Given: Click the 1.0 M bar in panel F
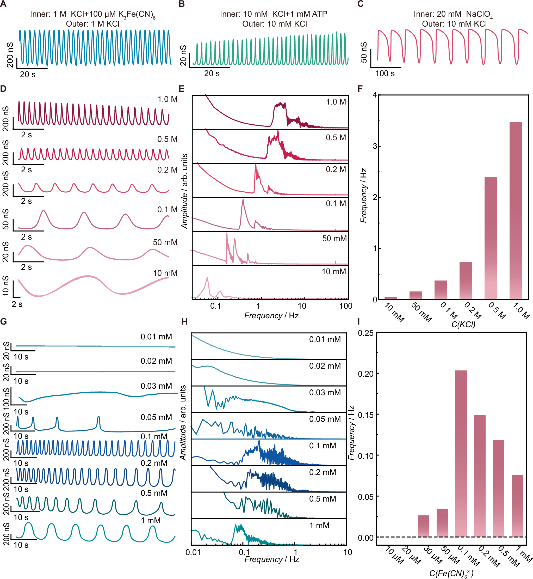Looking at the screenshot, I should tap(516, 211).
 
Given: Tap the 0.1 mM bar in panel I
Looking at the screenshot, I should tap(461, 453).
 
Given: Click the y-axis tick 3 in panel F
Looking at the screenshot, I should tap(375, 146).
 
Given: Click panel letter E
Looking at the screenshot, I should tap(181, 89).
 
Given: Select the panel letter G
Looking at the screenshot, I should tap(3, 321).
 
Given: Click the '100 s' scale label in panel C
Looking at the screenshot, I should tap(385, 74).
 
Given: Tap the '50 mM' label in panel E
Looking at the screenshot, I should tap(334, 239).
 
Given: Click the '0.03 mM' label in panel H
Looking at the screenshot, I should tap(325, 393).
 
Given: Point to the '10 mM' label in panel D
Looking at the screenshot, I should tap(165, 273).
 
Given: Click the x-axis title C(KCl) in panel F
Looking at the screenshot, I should tap(463, 324).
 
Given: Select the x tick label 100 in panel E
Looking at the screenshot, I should tap(345, 306).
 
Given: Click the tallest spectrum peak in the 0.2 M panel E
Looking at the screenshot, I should tap(256, 165).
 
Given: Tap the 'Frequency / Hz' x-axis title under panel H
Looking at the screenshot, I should tap(272, 559).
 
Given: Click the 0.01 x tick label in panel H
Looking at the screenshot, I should tap(193, 552).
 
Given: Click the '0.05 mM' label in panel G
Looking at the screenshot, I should tap(156, 417).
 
